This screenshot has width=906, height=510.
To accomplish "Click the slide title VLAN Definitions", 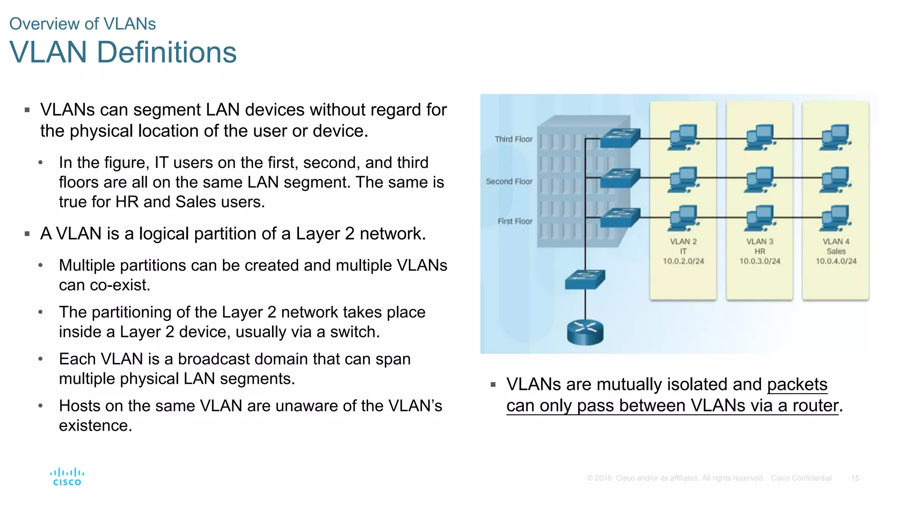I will pyautogui.click(x=123, y=53).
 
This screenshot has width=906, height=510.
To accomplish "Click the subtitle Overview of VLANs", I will pyautogui.click(x=82, y=24).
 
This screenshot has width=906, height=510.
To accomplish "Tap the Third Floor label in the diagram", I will pyautogui.click(x=513, y=139).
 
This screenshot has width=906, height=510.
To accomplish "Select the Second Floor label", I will pyautogui.click(x=509, y=182).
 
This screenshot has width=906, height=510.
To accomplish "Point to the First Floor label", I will pyautogui.click(x=514, y=221).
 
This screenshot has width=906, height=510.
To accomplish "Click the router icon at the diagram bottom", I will pyautogui.click(x=585, y=332).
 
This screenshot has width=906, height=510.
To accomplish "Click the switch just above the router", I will pyautogui.click(x=585, y=280).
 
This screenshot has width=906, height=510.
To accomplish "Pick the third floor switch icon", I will pyautogui.click(x=620, y=138).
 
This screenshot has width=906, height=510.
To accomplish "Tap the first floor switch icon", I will pyautogui.click(x=620, y=218).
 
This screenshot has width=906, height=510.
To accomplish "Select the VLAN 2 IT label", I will pyautogui.click(x=683, y=246).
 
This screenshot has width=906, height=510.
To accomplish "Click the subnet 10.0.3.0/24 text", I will pyautogui.click(x=760, y=261).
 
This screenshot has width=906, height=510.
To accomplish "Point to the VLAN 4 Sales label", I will pyautogui.click(x=836, y=246).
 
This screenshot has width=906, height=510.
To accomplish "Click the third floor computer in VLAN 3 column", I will pyautogui.click(x=760, y=138).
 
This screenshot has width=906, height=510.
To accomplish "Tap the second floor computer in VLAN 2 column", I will pyautogui.click(x=683, y=179).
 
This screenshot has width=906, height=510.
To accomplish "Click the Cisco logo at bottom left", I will pyautogui.click(x=67, y=477).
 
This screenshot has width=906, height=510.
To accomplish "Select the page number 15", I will pyautogui.click(x=855, y=478).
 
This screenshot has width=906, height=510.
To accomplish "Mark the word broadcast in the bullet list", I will pyautogui.click(x=242, y=359).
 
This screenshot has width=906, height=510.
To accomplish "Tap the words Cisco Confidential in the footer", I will pyautogui.click(x=801, y=478).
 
